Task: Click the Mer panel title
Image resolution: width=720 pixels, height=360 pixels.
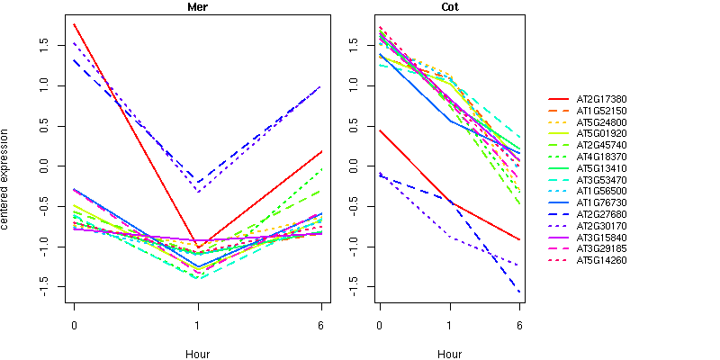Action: point(197,7)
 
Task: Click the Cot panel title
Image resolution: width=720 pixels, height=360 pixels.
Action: point(449,7)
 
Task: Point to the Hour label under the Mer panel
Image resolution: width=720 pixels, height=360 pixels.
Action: point(197,354)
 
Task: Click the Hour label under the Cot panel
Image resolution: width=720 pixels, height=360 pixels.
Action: point(449,354)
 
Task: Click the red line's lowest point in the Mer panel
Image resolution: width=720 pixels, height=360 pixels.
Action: point(197,247)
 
